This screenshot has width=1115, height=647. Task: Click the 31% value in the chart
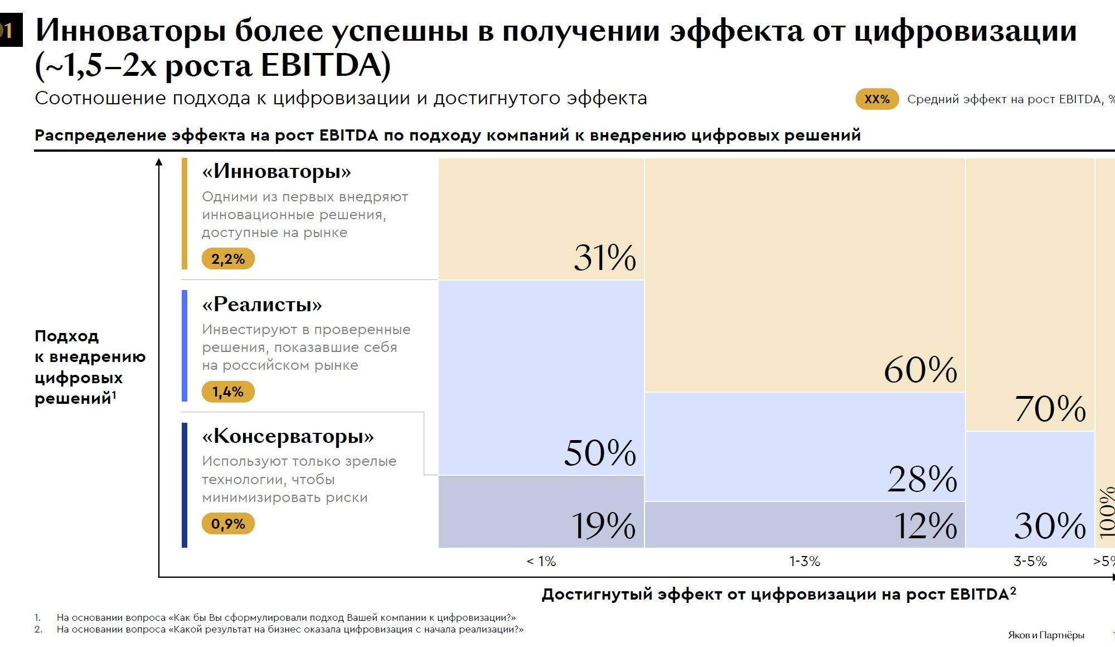pyautogui.click(x=605, y=258)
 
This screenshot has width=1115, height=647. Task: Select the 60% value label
pyautogui.click(x=920, y=370)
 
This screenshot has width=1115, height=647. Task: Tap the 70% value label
pyautogui.click(x=1050, y=409)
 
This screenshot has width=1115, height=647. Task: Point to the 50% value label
pyautogui.click(x=600, y=452)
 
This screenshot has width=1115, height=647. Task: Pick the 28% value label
pyautogui.click(x=923, y=479)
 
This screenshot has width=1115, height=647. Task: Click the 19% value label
pyautogui.click(x=603, y=525)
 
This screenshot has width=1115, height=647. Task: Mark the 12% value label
pyautogui.click(x=925, y=525)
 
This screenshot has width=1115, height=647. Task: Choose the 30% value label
pyautogui.click(x=1050, y=525)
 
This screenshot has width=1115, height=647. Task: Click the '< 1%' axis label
pyautogui.click(x=541, y=562)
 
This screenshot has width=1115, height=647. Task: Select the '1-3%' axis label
pyautogui.click(x=804, y=562)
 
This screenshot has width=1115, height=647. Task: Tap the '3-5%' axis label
pyautogui.click(x=1030, y=562)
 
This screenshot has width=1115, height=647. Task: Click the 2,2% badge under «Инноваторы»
pyautogui.click(x=228, y=259)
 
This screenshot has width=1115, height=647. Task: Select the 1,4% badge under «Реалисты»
pyautogui.click(x=228, y=392)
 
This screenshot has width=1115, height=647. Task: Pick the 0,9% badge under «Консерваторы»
pyautogui.click(x=228, y=524)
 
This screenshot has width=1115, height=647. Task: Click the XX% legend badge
pyautogui.click(x=877, y=99)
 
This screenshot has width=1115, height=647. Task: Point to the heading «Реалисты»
pyautogui.click(x=262, y=305)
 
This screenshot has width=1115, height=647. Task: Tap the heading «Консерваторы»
pyautogui.click(x=288, y=436)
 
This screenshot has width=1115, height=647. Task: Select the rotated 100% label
pyautogui.click(x=1107, y=512)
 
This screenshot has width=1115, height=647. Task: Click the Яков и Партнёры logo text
pyautogui.click(x=1046, y=635)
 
